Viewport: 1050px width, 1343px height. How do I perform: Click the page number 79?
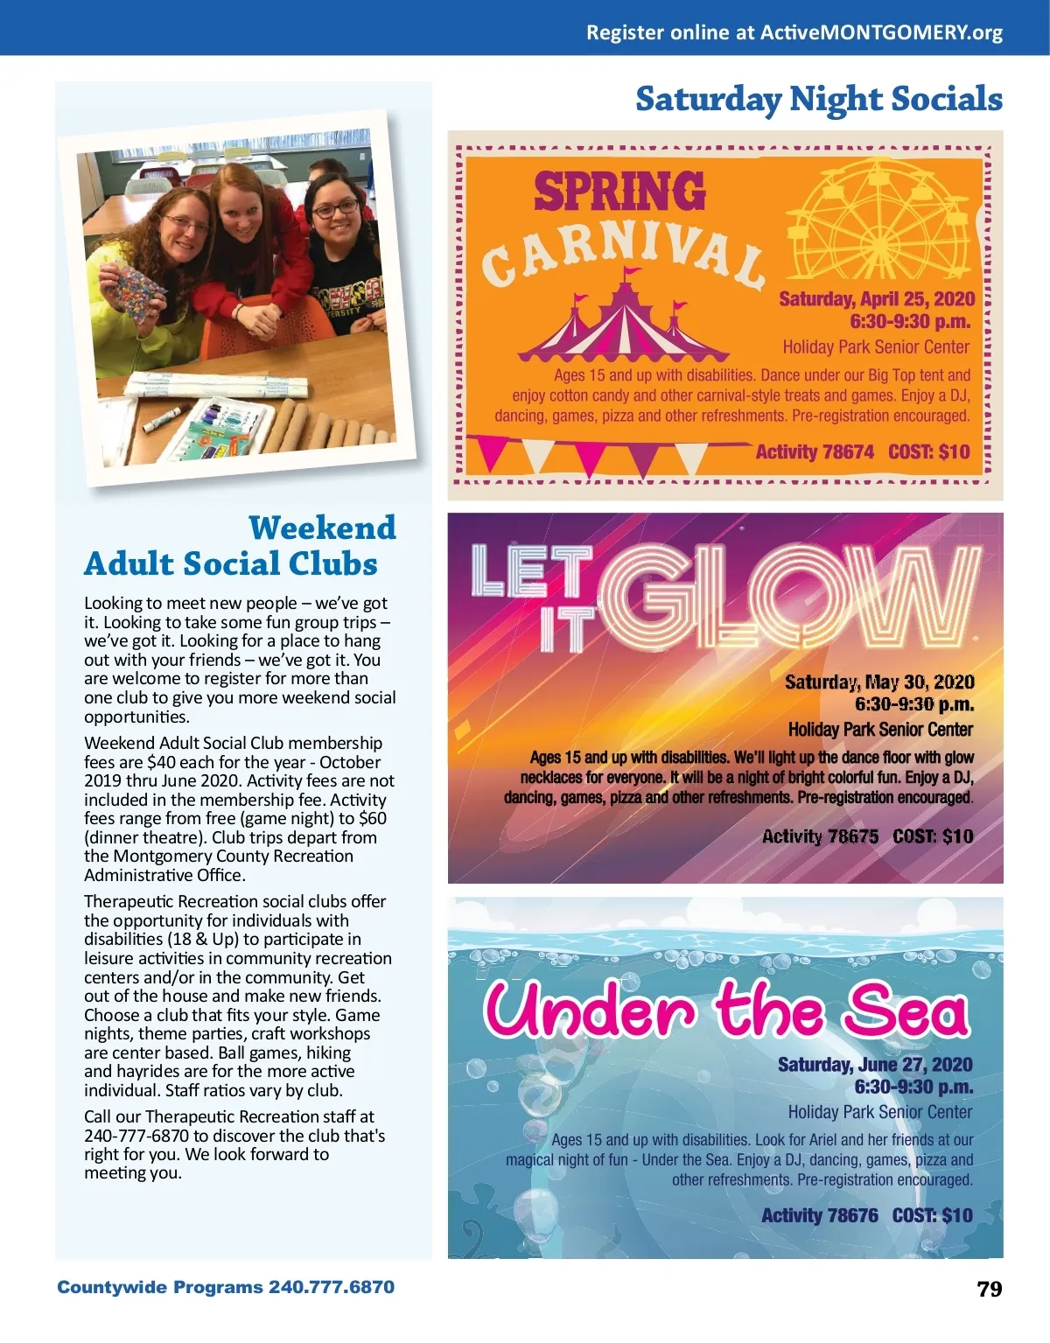point(990,1289)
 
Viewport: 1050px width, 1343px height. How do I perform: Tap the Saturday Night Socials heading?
point(818,100)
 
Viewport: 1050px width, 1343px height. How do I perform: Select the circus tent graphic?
point(623,320)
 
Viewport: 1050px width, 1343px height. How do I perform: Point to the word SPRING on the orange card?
point(619,192)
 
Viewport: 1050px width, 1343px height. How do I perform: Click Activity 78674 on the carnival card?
point(815,452)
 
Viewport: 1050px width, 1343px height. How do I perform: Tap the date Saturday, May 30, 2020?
point(878,682)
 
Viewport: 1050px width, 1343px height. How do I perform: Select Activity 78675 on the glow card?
point(820,836)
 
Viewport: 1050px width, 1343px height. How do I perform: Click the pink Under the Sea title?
point(726,1011)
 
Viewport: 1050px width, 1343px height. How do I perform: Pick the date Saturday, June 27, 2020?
point(875,1065)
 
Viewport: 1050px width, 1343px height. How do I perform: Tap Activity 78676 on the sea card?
point(819,1215)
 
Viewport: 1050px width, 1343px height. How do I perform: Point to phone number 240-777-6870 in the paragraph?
point(136,1136)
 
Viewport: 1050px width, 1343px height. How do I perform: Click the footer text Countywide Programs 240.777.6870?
point(226,1287)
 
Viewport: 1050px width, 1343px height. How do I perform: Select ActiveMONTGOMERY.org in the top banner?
point(881,33)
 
